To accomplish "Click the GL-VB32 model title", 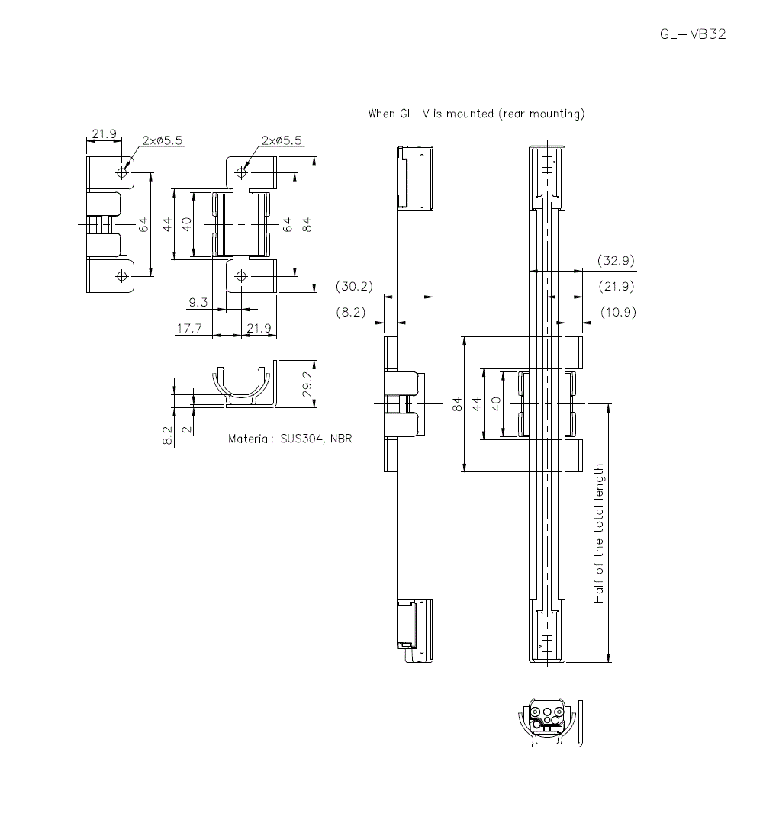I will coord(693,34).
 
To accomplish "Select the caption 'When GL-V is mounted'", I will coord(430,114).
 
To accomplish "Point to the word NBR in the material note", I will coord(341,439).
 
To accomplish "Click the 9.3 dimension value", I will coord(198,303).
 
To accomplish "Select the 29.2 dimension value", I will coord(305,384).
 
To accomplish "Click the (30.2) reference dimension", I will coord(354,287).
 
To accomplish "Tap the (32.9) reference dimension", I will coord(617,261).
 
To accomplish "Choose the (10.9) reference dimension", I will coord(617,312).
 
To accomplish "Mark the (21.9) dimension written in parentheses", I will coord(617,286).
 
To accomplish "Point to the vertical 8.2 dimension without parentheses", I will coord(168,436).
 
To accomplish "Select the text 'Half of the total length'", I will coord(599,533).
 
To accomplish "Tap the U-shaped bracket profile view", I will coord(242,385).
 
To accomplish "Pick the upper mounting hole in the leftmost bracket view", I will coord(121,172).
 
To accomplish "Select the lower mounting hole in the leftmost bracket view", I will coord(121,275).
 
